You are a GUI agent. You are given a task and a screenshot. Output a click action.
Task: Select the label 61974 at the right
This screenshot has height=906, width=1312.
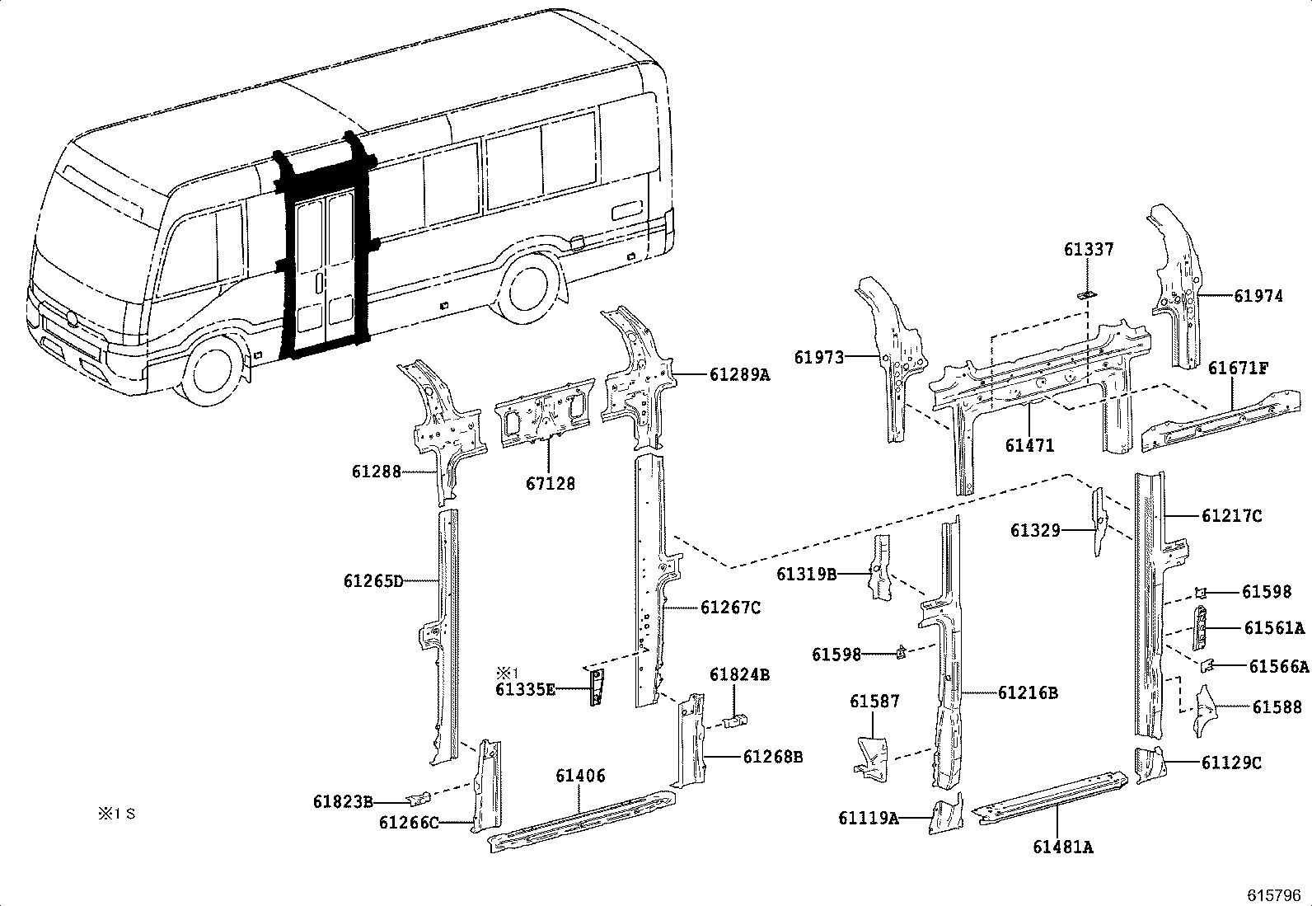[1258, 296]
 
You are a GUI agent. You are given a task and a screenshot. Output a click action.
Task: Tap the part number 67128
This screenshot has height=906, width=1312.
[551, 484]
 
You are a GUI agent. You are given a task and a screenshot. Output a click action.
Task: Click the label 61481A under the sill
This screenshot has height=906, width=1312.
[1062, 847]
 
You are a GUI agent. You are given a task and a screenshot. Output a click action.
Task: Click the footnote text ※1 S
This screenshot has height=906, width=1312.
[116, 814]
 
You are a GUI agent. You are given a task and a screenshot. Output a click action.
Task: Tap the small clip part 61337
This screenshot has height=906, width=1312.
[1086, 294]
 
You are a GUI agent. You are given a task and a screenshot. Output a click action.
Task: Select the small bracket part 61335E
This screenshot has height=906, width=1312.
[595, 687]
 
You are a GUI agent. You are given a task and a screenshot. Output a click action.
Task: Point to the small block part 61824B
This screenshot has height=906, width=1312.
[733, 721]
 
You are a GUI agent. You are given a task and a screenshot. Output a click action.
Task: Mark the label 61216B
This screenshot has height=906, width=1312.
[1027, 693]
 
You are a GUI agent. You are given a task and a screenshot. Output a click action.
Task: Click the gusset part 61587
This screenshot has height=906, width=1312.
[870, 754]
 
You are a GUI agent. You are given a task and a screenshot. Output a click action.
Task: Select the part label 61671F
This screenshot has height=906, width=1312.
[1238, 368]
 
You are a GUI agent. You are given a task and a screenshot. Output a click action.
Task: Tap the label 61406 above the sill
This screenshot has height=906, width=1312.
[580, 776]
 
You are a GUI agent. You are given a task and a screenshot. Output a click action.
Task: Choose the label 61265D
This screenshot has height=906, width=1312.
[373, 581]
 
